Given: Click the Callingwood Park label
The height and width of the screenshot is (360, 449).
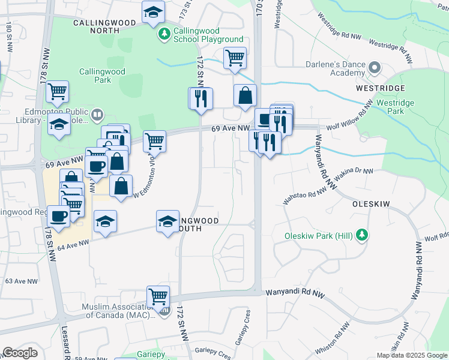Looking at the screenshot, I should tap(102, 76).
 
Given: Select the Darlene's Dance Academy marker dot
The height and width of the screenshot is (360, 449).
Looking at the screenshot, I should tap(375, 68).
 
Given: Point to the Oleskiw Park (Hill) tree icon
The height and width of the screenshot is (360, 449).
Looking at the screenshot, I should tap(361, 234).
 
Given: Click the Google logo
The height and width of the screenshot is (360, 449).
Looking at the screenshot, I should tap(20, 353).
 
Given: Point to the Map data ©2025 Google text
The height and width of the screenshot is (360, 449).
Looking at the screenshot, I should tap(411, 355).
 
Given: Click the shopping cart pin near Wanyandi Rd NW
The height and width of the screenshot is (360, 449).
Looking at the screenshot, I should tap(158, 296).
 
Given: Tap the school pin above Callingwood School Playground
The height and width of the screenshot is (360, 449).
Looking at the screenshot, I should tap(154, 11).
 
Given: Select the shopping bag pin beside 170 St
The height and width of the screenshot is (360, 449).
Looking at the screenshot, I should tap(245, 95).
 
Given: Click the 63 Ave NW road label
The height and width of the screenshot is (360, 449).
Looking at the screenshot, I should tap(21, 281).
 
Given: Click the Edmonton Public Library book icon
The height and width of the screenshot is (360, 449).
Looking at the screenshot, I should tap(97, 114).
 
